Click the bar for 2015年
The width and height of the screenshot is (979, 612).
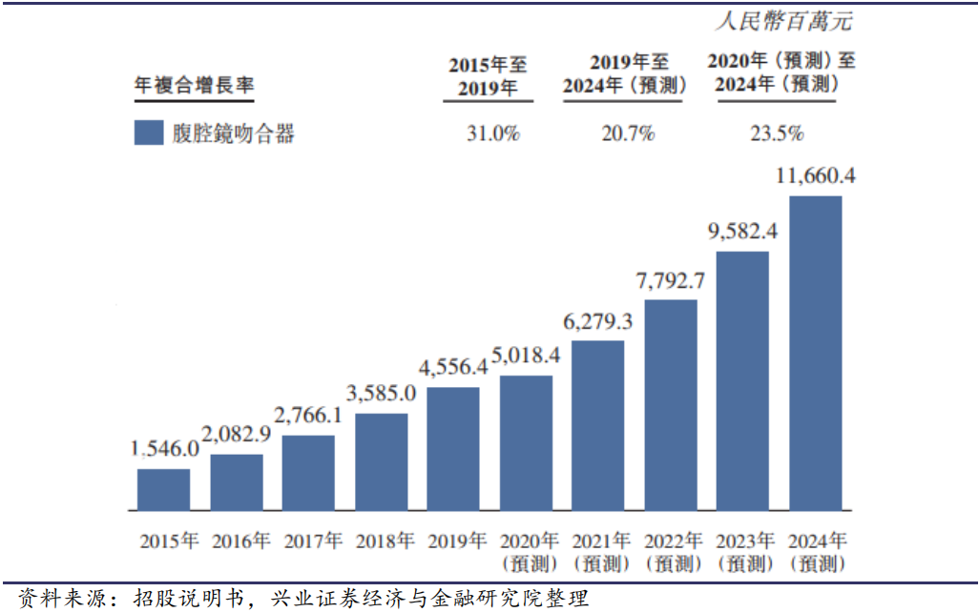(x=163, y=489)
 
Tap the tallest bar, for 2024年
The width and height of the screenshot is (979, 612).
(x=815, y=353)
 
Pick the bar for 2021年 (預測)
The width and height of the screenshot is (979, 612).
(x=598, y=425)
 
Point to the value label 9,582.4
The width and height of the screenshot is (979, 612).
(x=742, y=232)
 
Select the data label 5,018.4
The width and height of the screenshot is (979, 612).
(x=526, y=356)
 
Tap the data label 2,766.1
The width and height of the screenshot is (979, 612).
(x=308, y=416)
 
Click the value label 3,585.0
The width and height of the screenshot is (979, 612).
(x=381, y=393)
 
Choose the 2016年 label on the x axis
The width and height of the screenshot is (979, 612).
(x=241, y=541)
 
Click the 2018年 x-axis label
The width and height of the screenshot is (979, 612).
(x=385, y=541)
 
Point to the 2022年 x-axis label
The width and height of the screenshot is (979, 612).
(x=674, y=552)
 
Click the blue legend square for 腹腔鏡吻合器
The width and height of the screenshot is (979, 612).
(x=149, y=133)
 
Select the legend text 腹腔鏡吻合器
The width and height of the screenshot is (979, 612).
(x=234, y=133)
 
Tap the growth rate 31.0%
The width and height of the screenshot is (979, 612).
(x=492, y=133)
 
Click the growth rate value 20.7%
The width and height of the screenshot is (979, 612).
(x=628, y=133)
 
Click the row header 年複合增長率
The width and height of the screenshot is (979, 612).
(x=194, y=85)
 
